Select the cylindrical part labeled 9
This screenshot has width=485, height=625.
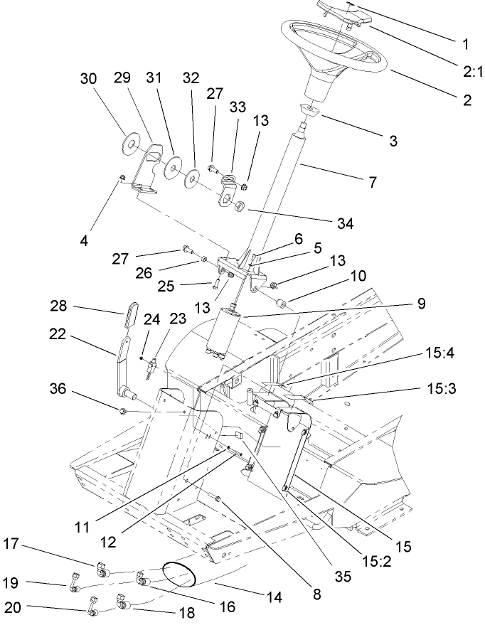click(x=223, y=330)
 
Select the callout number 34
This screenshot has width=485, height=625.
click(x=344, y=224)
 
